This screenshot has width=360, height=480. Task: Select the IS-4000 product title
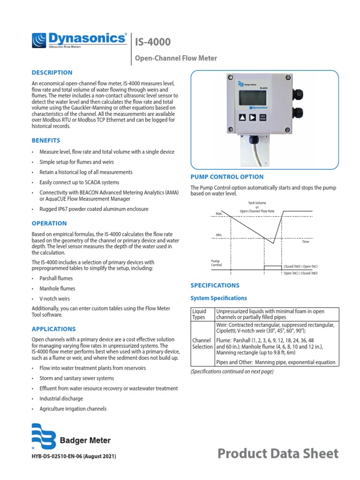pyautogui.click(x=153, y=43)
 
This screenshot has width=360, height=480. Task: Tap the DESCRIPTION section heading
pyautogui.click(x=52, y=73)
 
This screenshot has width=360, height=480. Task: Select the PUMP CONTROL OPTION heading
pyautogui.click(x=227, y=177)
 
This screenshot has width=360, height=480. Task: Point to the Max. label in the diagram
pyautogui.click(x=218, y=214)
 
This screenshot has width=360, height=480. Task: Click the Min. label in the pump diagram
pyautogui.click(x=218, y=235)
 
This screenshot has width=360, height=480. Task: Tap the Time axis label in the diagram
pyautogui.click(x=306, y=241)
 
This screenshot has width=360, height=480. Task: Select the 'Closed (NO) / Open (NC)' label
pyautogui.click(x=301, y=266)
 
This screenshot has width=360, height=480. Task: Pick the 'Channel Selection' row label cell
pyautogui.click(x=202, y=343)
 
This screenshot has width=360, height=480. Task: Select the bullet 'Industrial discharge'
pyautogui.click(x=61, y=398)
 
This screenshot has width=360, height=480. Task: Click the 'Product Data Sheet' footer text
pyautogui.click(x=278, y=453)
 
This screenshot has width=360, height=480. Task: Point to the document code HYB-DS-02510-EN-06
pyautogui.click(x=74, y=456)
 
